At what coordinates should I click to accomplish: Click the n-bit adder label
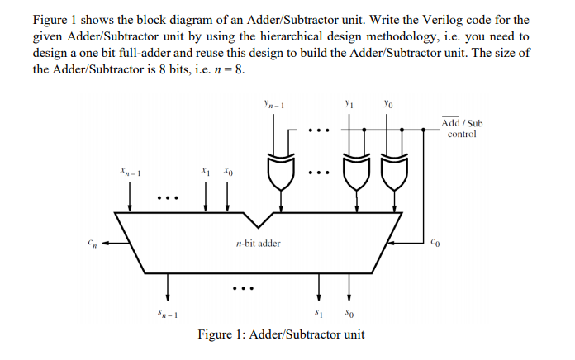pos(258,244)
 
